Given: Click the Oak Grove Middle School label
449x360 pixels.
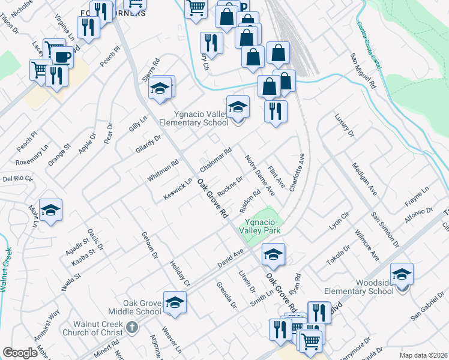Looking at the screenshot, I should click(134, 307).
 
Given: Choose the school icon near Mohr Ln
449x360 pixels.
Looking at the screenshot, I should click(51, 209).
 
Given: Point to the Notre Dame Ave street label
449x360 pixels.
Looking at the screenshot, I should click(260, 175).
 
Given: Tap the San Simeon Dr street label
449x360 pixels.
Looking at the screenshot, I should click(384, 229).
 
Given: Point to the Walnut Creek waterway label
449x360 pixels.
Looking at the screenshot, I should click(5, 271).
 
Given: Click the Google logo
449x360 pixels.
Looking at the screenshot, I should click(20, 353).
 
